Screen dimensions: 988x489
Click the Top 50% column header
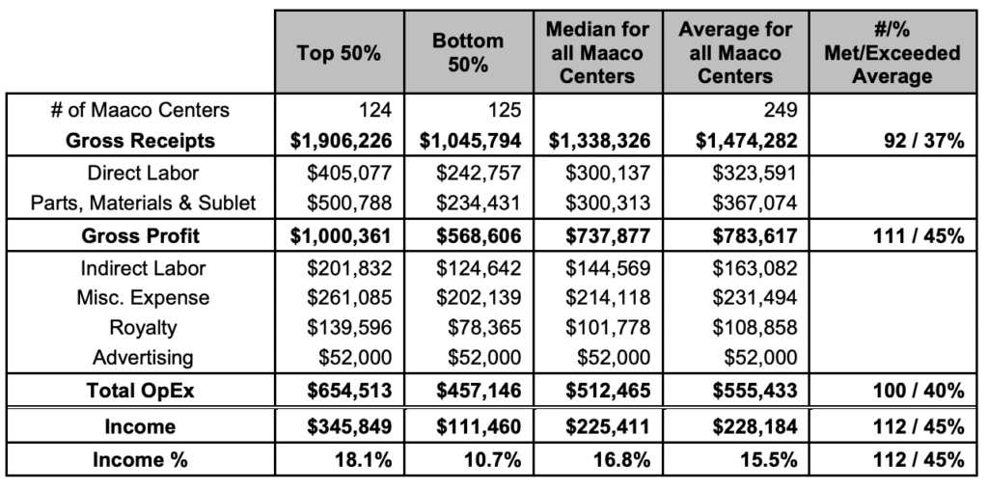(339, 53)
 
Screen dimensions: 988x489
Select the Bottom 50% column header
(468, 52)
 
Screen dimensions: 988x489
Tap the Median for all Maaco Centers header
(597, 52)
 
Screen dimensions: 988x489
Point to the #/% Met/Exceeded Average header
(892, 52)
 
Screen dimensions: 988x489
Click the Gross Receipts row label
(140, 141)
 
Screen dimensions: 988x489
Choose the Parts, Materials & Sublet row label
(144, 203)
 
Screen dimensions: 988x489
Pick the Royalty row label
(143, 328)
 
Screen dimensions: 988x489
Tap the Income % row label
(140, 459)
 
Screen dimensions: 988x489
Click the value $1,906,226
(341, 141)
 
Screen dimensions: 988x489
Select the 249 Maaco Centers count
(780, 110)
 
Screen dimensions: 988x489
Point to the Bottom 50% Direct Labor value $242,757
(479, 174)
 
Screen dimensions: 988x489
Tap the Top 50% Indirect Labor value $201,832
(349, 268)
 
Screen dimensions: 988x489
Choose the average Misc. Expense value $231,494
(755, 297)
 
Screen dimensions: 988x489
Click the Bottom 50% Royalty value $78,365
(484, 328)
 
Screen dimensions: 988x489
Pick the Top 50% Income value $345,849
(349, 426)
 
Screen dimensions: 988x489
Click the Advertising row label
(143, 358)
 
